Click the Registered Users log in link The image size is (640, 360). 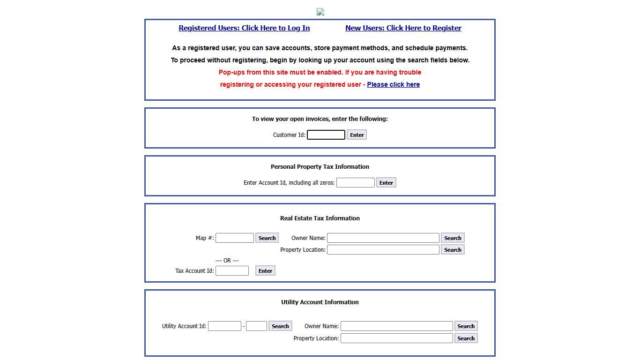244,28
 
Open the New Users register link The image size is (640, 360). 403,28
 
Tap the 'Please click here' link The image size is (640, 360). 393,84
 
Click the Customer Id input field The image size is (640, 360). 326,135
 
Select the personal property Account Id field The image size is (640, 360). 355,183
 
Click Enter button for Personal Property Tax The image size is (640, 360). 386,183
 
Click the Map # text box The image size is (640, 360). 235,238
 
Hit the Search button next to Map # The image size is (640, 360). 267,238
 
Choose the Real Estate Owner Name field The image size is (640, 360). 383,238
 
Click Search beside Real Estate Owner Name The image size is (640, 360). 453,238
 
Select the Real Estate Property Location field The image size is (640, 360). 383,250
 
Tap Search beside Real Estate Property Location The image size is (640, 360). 453,250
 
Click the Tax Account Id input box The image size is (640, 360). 232,271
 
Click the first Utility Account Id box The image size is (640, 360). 224,326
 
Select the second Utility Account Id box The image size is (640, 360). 256,326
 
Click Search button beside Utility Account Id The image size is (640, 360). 280,326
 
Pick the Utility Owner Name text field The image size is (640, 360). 396,326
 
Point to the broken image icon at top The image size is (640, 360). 320,12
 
